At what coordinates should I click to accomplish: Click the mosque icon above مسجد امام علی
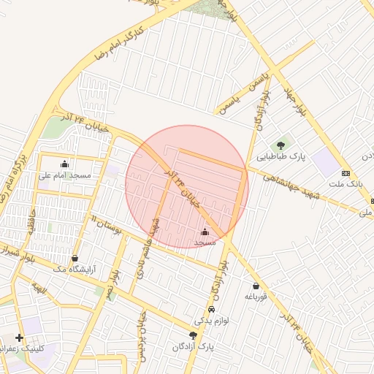(x=65, y=164)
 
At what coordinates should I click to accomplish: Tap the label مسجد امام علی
(x=65, y=175)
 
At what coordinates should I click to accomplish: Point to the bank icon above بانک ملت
(x=346, y=173)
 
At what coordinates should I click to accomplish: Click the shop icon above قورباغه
(x=256, y=286)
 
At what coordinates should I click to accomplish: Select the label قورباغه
(x=257, y=297)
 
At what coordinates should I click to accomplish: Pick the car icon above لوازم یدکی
(x=211, y=309)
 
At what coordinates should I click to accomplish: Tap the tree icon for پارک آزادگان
(x=193, y=335)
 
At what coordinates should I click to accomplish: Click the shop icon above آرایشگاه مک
(x=75, y=258)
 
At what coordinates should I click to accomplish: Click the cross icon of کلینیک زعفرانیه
(x=19, y=337)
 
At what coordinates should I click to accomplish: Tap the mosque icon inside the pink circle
(x=204, y=232)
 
